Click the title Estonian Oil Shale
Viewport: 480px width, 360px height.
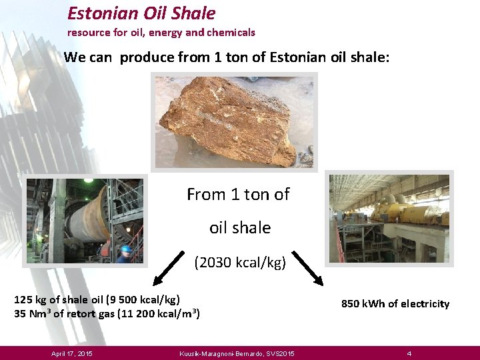click(141, 13)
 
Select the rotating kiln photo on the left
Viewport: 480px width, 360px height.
click(84, 221)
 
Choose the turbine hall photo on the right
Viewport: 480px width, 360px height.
click(390, 219)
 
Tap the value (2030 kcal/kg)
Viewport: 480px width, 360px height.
click(240, 263)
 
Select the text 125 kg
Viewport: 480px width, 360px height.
click(31, 299)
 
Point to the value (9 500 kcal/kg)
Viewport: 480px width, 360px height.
click(143, 299)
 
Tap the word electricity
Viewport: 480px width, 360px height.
click(425, 304)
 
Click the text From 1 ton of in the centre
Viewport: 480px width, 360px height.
click(238, 195)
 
